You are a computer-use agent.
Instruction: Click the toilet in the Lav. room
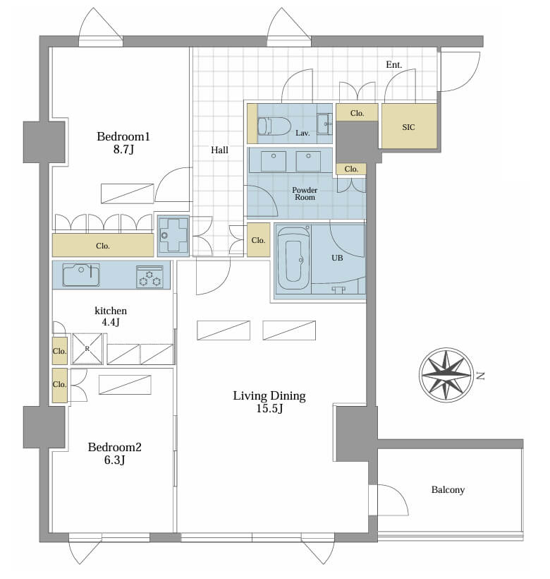[x=274, y=126]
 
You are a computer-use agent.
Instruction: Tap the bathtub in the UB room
[x=293, y=259]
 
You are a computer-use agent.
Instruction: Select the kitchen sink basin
[x=81, y=275]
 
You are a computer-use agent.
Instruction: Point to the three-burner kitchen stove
[x=149, y=277]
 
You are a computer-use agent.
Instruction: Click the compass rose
[x=446, y=375]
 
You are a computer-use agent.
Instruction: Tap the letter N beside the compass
[x=480, y=376]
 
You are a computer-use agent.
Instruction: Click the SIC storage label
[x=408, y=127]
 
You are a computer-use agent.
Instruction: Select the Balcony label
[x=448, y=489]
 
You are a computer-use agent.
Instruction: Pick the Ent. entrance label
[x=393, y=65]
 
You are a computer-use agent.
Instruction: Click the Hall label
[x=219, y=150]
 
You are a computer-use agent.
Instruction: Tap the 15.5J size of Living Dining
[x=269, y=409]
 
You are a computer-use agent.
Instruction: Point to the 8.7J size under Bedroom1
[x=123, y=150]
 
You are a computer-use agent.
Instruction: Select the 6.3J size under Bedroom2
[x=115, y=460]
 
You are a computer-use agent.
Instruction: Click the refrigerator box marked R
[x=87, y=349]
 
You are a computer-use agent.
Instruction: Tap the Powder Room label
[x=305, y=193]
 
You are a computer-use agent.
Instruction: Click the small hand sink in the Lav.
[x=324, y=124]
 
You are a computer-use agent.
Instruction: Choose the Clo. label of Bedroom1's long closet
[x=103, y=246]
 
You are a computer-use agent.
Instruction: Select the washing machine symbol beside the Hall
[x=173, y=236]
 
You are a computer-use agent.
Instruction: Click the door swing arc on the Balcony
[x=398, y=496]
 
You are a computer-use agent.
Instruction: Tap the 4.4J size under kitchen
[x=111, y=322]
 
